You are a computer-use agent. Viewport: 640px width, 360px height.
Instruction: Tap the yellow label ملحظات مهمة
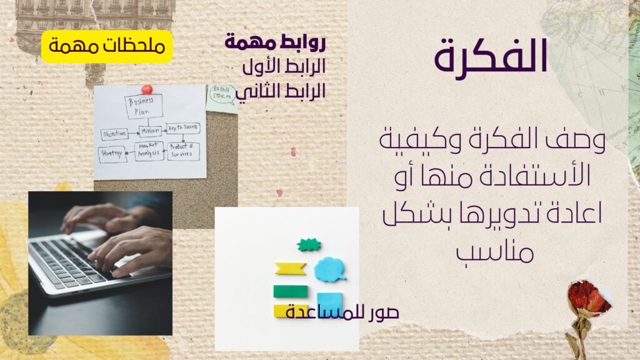[x=106, y=46]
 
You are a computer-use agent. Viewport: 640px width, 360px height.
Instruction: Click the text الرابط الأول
[x=284, y=66]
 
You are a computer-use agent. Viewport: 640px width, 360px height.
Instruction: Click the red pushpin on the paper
[x=146, y=89]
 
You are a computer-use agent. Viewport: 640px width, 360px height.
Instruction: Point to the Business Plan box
[x=144, y=106]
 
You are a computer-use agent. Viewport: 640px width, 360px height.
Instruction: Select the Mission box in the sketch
[x=151, y=131]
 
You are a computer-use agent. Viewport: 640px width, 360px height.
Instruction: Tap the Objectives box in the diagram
[x=114, y=134]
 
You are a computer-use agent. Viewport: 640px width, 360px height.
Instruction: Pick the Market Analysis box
[x=149, y=151]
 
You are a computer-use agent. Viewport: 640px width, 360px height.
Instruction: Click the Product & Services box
[x=183, y=151]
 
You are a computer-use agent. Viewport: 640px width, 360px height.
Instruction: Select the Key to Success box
[x=183, y=128]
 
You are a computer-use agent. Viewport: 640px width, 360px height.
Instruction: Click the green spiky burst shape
[x=309, y=245]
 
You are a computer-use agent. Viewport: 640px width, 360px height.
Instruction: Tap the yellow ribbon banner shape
[x=290, y=269]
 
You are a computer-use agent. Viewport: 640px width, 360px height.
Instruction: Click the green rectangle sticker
[x=290, y=291]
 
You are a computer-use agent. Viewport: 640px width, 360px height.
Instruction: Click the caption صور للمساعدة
[x=342, y=312]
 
